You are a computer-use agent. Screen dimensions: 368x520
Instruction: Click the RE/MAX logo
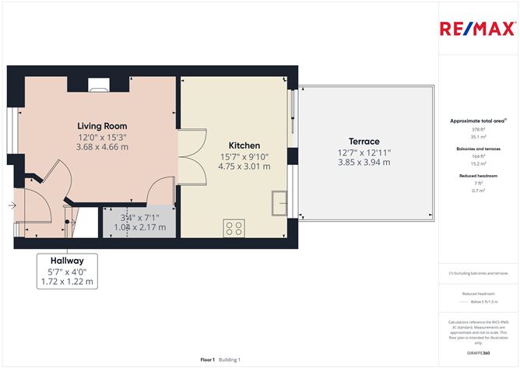point(477,30)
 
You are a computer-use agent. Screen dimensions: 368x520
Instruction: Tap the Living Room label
point(102,126)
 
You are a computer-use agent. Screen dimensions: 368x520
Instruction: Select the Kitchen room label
point(244,145)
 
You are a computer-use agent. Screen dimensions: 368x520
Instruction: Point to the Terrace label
point(364,142)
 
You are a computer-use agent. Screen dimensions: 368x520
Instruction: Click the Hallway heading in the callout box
point(67,260)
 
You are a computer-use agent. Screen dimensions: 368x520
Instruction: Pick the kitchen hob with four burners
point(234,228)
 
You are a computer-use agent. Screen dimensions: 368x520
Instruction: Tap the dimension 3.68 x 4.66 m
point(102,146)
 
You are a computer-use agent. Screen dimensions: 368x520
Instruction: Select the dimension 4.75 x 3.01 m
point(244,166)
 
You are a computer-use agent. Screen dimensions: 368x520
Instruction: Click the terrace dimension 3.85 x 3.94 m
point(364,162)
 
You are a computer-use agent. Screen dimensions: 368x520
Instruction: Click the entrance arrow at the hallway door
point(12,205)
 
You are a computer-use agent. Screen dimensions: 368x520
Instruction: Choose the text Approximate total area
point(477,121)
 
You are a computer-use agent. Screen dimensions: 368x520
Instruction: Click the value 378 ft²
point(477,130)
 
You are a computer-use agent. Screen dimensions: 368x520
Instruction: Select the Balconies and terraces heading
point(477,148)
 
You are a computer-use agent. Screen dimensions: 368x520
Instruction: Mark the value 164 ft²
point(477,156)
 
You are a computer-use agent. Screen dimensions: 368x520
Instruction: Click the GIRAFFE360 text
point(477,353)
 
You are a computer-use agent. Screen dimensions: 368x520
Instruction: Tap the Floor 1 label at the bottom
point(207,359)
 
